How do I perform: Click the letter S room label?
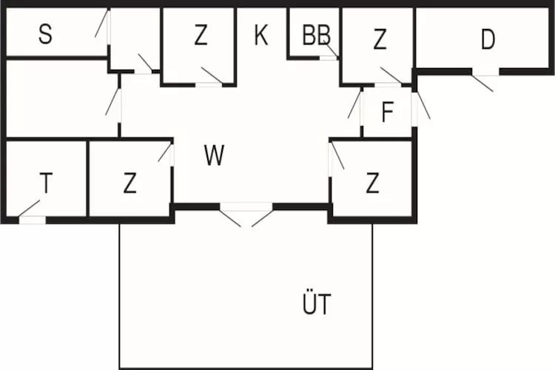click(x=45, y=35)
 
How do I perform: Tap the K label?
click(x=260, y=35)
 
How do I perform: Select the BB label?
click(x=316, y=35)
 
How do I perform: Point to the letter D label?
click(x=487, y=40)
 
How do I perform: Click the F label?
click(x=387, y=113)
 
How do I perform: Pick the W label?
click(x=214, y=156)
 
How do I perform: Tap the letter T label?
click(x=46, y=183)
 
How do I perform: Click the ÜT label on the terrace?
click(x=317, y=304)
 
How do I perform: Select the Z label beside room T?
click(x=130, y=183)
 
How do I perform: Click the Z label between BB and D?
click(x=380, y=41)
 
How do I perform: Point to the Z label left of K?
click(x=201, y=36)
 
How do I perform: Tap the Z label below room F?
click(x=372, y=183)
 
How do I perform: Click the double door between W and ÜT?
click(x=246, y=215)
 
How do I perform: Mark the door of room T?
click(x=30, y=211)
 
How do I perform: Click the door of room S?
click(x=103, y=25)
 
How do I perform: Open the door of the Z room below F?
click(x=335, y=155)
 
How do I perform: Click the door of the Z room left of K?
click(x=211, y=77)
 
